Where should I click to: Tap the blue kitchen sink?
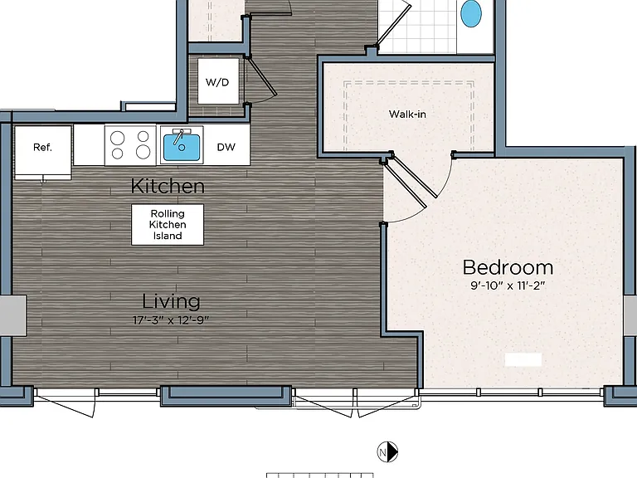(x=182, y=148)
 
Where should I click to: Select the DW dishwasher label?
(x=226, y=147)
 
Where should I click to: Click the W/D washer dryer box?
(x=218, y=81)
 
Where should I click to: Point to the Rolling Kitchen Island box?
(x=168, y=225)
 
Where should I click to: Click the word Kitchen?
(x=168, y=186)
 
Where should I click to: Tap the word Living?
(x=171, y=301)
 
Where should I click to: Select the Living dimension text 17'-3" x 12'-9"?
(x=171, y=320)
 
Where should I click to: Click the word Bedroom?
(x=508, y=267)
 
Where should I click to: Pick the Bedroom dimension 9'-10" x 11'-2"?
(x=508, y=285)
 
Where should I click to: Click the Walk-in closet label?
(x=407, y=115)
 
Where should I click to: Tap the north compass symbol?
(x=387, y=452)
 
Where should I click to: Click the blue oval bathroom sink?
(x=471, y=13)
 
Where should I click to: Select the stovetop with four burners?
(x=130, y=145)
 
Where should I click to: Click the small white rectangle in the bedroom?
(x=523, y=359)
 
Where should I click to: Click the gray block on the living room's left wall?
(x=13, y=316)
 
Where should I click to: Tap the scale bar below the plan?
(x=319, y=476)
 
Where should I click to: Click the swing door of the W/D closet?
(x=262, y=77)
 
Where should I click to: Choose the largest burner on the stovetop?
(x=143, y=152)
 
